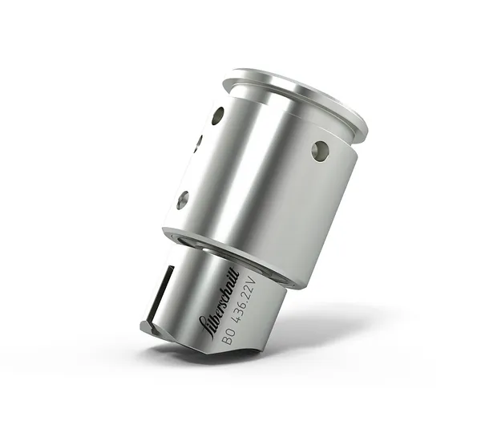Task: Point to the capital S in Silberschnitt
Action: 206,325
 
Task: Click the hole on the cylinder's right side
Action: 320,150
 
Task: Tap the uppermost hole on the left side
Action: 217,115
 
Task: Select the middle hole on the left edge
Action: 197,144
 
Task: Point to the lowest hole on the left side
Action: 183,200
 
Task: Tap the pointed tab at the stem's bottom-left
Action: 148,326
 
